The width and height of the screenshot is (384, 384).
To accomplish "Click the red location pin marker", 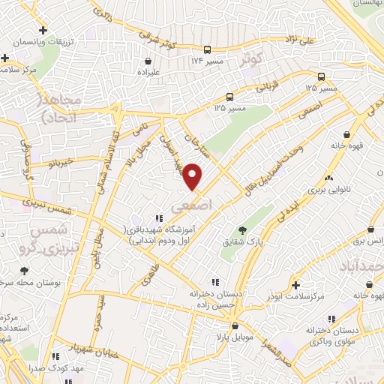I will coord(193,176).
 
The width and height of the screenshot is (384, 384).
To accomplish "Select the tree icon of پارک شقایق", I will coord(241,230).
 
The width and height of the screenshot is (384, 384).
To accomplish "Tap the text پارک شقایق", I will coord(241,243).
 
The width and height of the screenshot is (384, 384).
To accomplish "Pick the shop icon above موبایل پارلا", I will coord(237,326).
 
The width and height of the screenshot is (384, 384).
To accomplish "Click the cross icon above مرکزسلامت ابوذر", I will coord(298,286).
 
